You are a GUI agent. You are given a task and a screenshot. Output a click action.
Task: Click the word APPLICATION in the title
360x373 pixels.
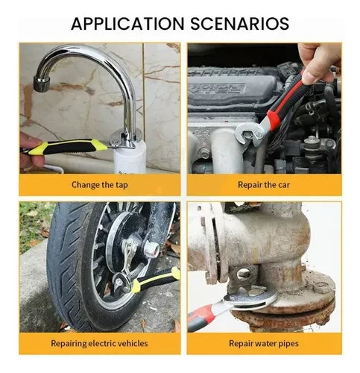[127, 24]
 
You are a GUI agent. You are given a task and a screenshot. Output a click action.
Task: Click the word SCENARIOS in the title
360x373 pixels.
[239, 24]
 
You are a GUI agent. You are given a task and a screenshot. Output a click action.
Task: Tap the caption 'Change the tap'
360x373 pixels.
[100, 185]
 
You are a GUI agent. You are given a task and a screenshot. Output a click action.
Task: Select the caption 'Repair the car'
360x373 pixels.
[264, 185]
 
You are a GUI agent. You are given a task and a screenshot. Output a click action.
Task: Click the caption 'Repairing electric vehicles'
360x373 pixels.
[99, 343]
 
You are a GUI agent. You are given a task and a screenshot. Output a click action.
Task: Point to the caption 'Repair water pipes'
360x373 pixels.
[264, 344]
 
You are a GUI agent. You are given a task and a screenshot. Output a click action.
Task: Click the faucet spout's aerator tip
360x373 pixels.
[42, 84]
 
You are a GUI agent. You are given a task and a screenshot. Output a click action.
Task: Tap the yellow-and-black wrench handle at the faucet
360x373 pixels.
[66, 147]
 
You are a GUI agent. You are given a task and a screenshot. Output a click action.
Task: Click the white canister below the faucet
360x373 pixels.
[130, 157]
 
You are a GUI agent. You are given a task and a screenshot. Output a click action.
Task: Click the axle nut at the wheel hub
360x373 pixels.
[151, 249]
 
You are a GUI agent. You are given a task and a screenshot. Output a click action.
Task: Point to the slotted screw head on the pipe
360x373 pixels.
[244, 274]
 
